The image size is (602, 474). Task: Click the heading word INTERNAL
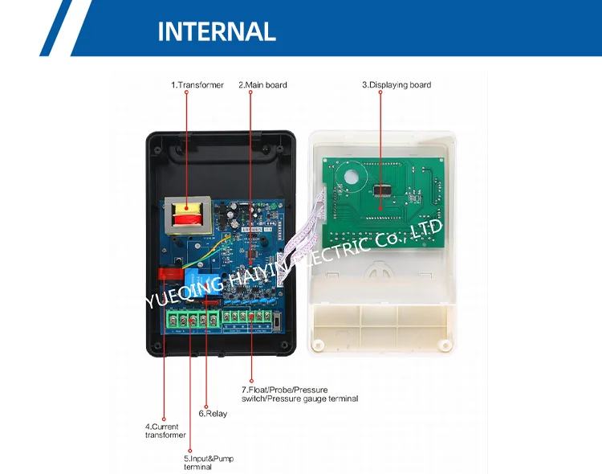pyautogui.click(x=217, y=31)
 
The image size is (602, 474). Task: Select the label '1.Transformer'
pyautogui.click(x=197, y=85)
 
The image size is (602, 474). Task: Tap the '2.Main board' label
pyautogui.click(x=262, y=85)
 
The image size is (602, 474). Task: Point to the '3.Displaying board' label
pyautogui.click(x=397, y=85)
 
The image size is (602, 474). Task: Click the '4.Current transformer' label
pyautogui.click(x=165, y=431)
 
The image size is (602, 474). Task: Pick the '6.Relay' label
pyautogui.click(x=213, y=414)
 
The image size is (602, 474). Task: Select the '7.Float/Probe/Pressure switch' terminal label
pyautogui.click(x=299, y=394)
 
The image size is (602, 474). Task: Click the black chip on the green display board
pyautogui.click(x=382, y=191)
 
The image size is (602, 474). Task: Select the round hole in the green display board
pyautogui.click(x=350, y=178)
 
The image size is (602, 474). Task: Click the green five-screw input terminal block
pyautogui.click(x=192, y=321)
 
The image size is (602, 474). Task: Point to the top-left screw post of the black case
pyautogui.click(x=157, y=148)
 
